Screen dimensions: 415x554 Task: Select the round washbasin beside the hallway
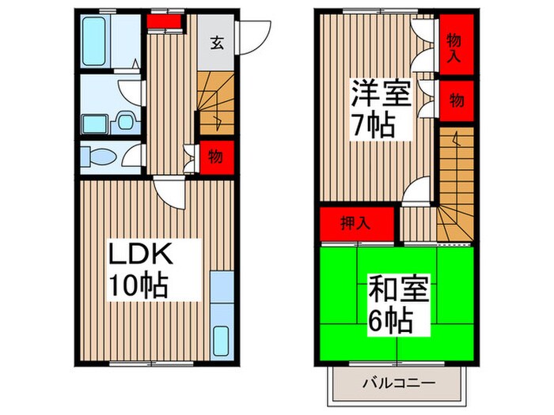coord(124,122)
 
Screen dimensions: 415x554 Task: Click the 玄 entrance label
coord(216,44)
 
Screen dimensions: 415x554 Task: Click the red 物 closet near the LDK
coord(214,157)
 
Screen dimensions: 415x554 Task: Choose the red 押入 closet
coord(357,222)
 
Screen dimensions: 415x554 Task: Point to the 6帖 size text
coord(391,320)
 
